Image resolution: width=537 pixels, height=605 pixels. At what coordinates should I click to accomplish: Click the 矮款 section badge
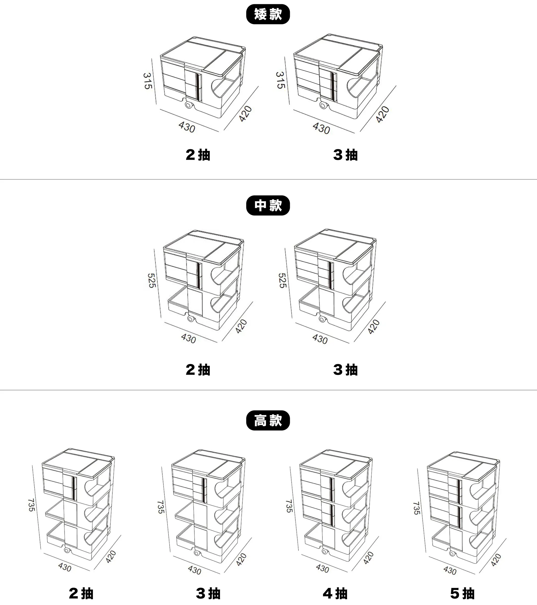coord(268,14)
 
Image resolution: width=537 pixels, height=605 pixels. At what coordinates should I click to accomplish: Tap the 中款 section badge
coord(268,205)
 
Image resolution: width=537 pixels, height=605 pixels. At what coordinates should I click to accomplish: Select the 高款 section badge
coord(268,420)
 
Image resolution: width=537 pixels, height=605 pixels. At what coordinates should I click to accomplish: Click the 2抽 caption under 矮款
coord(198,155)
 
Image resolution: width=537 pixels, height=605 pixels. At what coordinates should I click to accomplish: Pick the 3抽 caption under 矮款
coord(345,155)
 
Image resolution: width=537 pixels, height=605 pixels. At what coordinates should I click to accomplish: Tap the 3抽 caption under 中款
coord(345,370)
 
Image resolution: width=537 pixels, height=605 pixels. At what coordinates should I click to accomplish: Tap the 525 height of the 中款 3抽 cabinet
coord(282,280)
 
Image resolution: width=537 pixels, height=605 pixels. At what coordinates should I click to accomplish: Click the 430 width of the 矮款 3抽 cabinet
coord(321,128)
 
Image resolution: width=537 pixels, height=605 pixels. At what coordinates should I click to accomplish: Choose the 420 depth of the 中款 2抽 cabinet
coord(241,326)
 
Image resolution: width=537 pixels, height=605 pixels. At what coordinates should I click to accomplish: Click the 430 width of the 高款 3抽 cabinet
coord(194,570)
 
